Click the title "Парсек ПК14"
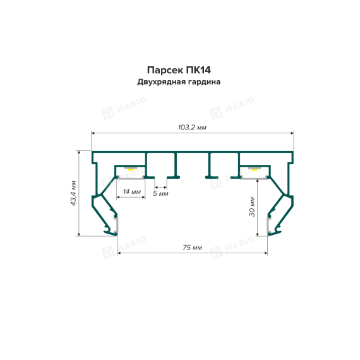(x=179, y=70)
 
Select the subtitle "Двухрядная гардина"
(x=179, y=82)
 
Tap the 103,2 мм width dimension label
(x=193, y=128)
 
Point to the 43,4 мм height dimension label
(x=73, y=193)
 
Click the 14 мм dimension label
(x=132, y=191)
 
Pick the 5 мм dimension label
(x=160, y=193)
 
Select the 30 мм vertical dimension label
(x=252, y=207)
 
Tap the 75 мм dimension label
(x=193, y=248)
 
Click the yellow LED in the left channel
(x=131, y=169)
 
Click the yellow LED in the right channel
(x=254, y=169)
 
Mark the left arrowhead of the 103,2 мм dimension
(x=93, y=133)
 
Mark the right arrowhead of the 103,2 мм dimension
(x=292, y=133)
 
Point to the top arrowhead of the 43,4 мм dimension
(x=79, y=152)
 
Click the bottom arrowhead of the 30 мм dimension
(x=258, y=234)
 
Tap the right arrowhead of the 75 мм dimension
(x=266, y=253)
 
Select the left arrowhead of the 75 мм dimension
(x=119, y=253)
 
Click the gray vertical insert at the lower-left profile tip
(x=116, y=225)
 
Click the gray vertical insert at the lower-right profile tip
(x=268, y=225)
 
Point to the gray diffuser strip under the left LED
(x=131, y=178)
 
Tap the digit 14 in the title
(x=205, y=70)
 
